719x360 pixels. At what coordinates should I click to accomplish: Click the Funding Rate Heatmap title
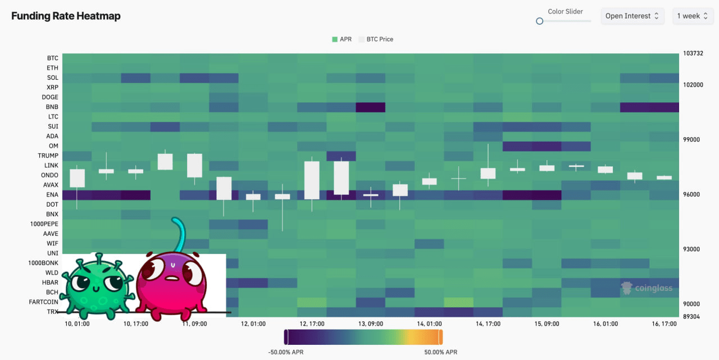click(66, 16)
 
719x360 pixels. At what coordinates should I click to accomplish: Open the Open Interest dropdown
click(632, 16)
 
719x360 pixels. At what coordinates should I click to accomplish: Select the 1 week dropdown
click(692, 16)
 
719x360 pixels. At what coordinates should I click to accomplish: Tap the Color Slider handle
click(540, 21)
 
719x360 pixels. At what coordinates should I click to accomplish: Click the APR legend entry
click(342, 39)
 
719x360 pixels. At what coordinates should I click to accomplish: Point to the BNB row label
click(52, 107)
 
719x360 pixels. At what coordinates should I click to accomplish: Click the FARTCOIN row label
click(44, 302)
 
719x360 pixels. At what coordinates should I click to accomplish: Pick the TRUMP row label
click(48, 156)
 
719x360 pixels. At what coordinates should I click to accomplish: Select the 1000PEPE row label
click(44, 224)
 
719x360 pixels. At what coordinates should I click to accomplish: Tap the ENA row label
click(52, 195)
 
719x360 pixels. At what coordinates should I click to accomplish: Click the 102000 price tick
click(693, 85)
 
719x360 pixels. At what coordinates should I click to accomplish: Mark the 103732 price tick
click(693, 54)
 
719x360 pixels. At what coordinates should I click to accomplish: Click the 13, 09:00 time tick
click(371, 324)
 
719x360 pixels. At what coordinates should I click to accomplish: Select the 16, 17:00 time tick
click(663, 324)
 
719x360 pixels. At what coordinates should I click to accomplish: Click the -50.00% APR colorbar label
click(286, 352)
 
